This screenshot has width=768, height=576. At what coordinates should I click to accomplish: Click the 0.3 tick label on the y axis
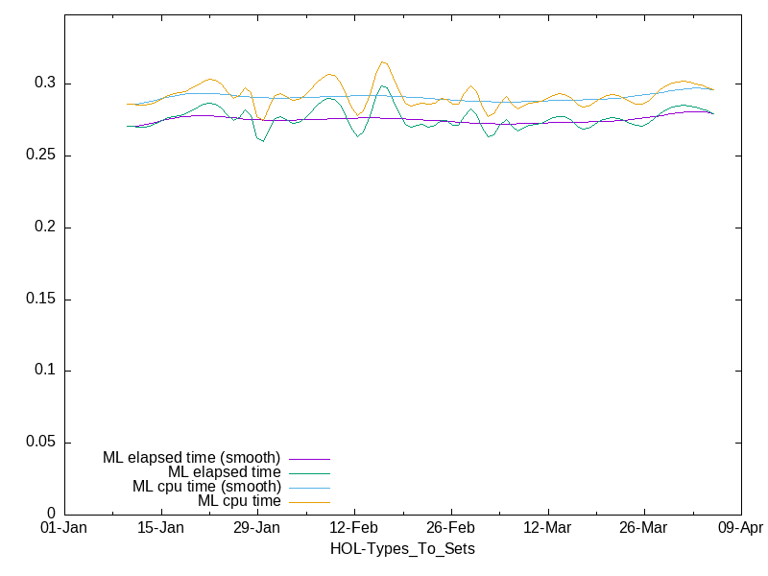pos(43,84)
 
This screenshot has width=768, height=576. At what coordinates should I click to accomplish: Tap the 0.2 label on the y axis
pos(43,228)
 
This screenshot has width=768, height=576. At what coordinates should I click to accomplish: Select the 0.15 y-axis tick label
pos(39,300)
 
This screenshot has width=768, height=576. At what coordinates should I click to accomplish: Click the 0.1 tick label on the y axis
pos(43,371)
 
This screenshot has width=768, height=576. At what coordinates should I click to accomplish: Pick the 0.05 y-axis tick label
pos(39,443)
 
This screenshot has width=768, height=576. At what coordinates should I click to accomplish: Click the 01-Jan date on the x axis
pos(64,528)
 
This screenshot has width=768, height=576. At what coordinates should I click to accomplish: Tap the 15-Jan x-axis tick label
pos(160,528)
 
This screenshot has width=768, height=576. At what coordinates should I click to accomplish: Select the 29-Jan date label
pos(257,528)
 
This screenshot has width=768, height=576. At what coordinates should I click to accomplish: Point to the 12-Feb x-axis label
pos(354,528)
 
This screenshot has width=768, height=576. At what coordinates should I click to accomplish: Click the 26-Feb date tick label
pos(450,528)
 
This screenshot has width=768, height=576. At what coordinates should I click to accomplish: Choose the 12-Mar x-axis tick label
pos(547,528)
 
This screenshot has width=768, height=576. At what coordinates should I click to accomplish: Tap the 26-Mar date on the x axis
pos(643,528)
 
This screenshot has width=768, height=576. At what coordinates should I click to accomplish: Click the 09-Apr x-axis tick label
pos(740,528)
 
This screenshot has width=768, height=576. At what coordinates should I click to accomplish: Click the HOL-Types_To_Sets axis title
pos(402,549)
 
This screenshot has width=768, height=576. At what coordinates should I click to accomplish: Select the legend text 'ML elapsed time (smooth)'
pos(191,458)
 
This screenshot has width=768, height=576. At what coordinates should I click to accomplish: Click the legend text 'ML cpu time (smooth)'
pos(206,487)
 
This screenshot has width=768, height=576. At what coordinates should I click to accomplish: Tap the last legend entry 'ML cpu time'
pos(239,501)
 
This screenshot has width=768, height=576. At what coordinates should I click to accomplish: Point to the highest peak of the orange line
pos(383,61)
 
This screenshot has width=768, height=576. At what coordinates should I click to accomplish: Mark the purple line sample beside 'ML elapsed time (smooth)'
pos(308,459)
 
